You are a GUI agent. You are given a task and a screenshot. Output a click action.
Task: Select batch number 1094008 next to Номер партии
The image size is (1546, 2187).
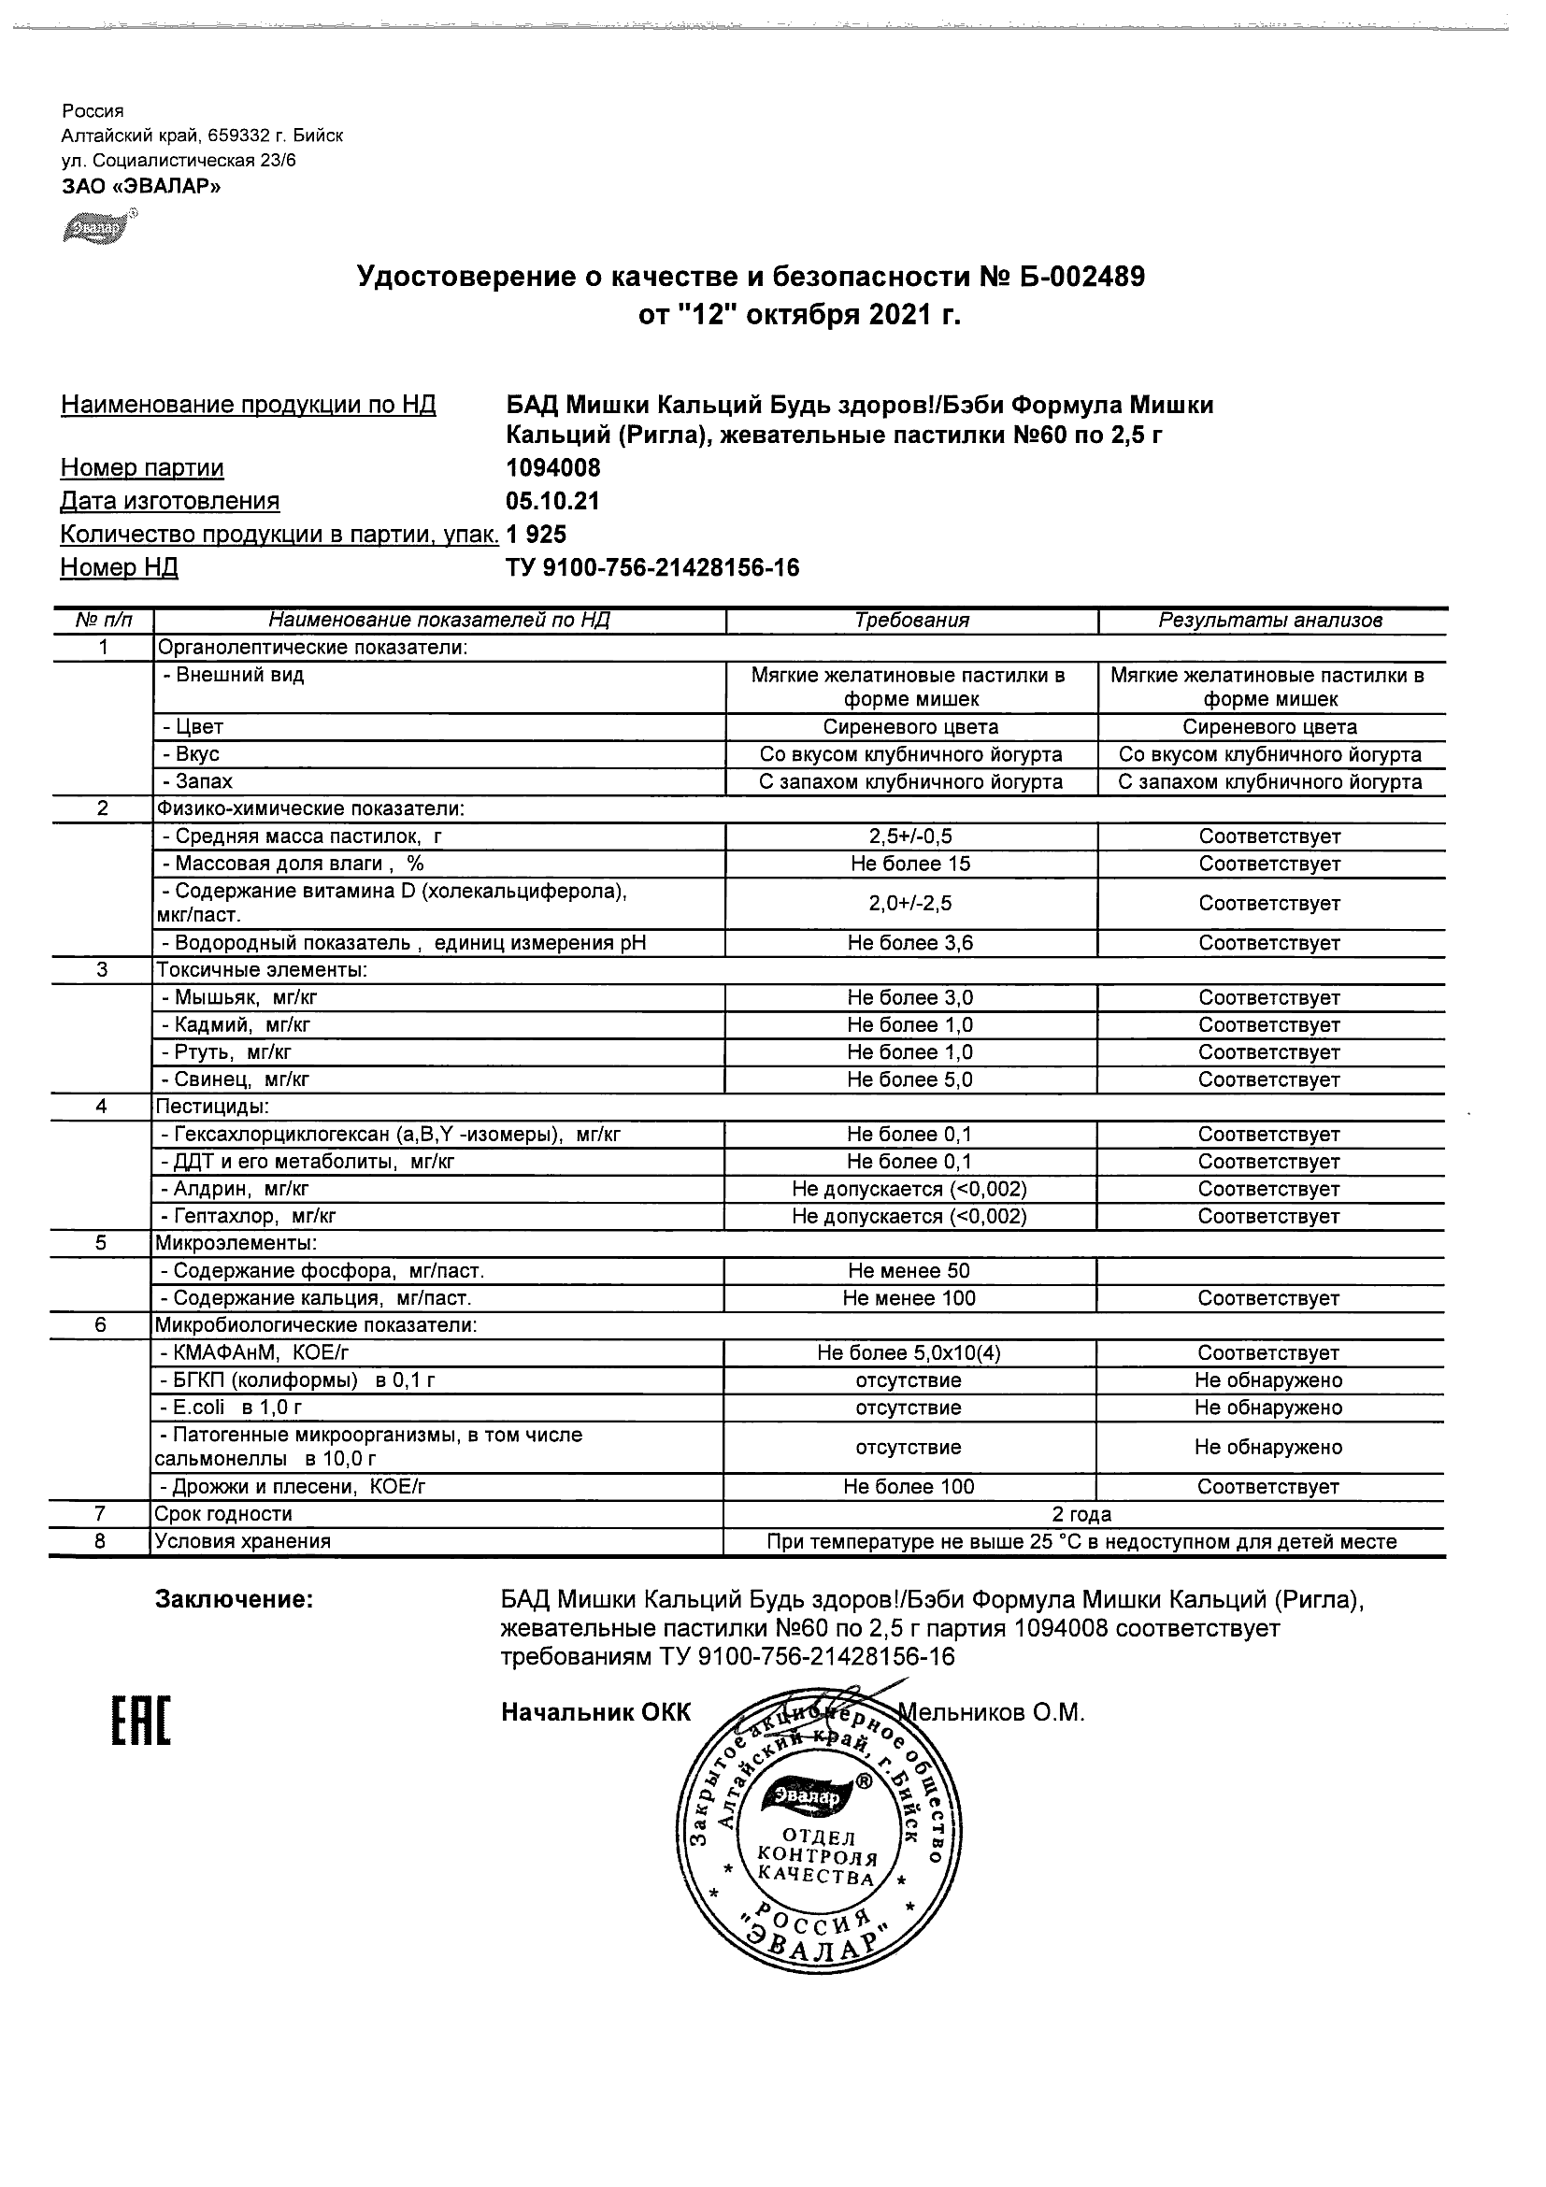click(x=552, y=467)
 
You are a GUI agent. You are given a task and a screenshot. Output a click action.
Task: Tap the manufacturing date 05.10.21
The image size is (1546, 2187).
click(x=552, y=501)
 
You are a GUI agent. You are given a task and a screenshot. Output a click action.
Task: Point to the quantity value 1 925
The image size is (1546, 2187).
click(x=537, y=535)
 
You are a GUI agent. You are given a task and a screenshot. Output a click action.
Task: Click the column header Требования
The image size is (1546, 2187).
click(x=911, y=621)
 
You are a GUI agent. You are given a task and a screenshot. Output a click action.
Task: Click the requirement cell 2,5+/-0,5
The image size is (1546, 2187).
click(x=910, y=836)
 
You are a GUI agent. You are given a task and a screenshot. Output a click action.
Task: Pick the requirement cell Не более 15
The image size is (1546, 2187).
click(x=910, y=864)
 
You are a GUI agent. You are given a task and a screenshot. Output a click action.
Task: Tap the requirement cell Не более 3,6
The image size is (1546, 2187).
click(x=910, y=943)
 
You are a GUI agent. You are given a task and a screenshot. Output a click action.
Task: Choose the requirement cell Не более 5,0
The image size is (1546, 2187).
click(x=910, y=1079)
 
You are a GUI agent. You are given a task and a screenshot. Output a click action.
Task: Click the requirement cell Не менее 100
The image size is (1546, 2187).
click(x=909, y=1298)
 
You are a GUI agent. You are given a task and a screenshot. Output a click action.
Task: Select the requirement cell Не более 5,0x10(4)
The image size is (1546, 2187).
click(x=909, y=1352)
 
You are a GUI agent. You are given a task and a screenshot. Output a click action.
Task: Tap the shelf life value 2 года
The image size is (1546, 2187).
click(x=1081, y=1514)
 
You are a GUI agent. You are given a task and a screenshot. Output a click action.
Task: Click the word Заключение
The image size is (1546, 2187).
click(x=235, y=1599)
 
